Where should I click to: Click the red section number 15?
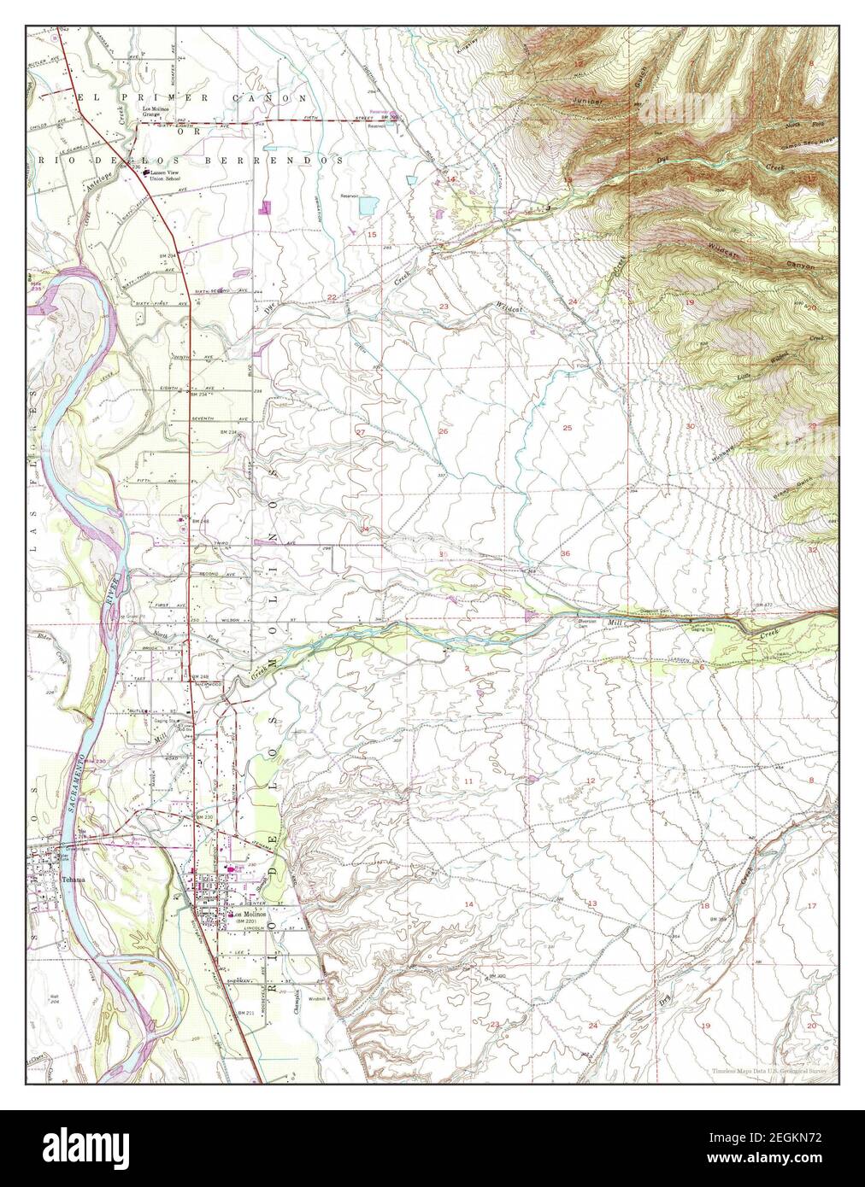[372, 234]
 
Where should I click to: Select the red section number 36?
[565, 554]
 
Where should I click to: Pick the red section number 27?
[361, 433]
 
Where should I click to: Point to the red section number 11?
[468, 781]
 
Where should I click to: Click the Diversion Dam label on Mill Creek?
[591, 623]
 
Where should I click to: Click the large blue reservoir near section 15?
[369, 206]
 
